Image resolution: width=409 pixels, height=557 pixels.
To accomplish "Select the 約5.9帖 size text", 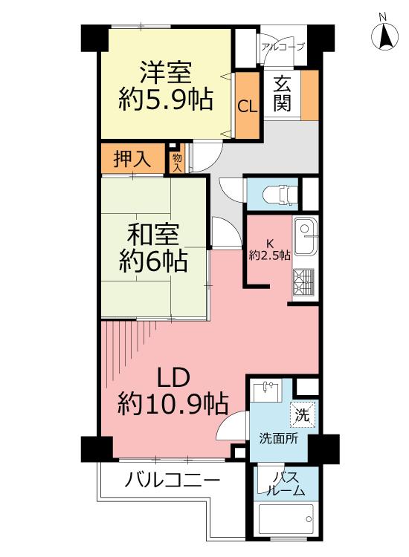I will click(x=166, y=99).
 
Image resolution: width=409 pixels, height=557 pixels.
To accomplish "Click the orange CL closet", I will click(x=247, y=106).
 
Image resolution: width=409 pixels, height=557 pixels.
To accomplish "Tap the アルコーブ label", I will click(x=283, y=46).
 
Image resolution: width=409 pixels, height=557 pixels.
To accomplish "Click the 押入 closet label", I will click(x=132, y=159).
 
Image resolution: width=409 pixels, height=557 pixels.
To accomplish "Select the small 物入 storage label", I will click(x=177, y=162).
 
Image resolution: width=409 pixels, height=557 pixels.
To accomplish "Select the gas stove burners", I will click(x=305, y=281).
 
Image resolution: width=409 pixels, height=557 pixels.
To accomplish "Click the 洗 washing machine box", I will click(x=303, y=415).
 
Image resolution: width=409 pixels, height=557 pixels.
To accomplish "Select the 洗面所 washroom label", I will click(x=278, y=438).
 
